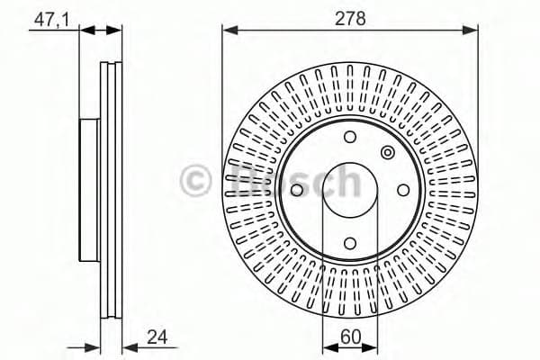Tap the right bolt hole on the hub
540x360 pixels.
click(x=402, y=188)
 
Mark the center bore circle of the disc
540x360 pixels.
click(x=351, y=188)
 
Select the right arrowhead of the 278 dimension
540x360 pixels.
click(x=473, y=31)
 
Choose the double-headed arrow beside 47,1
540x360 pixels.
click(x=101, y=31)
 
